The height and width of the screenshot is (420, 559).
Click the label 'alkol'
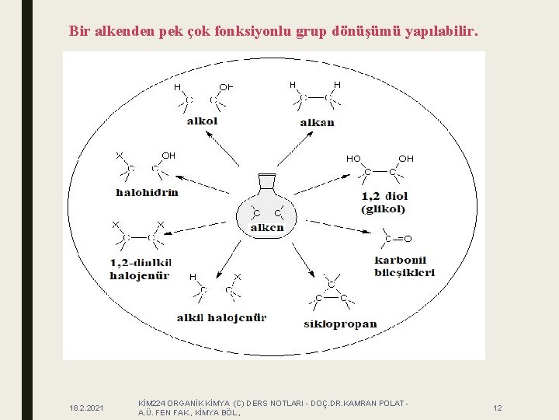coord(202,121)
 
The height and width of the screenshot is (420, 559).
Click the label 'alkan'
coord(317,121)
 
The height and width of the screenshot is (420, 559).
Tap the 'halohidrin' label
coord(147,192)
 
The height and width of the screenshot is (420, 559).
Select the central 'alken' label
coord(266,228)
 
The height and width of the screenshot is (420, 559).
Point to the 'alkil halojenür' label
coord(221,317)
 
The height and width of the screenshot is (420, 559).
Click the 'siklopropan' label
coord(339,324)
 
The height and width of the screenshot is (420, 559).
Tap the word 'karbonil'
coord(400,260)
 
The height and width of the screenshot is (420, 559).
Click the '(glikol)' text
coord(383,209)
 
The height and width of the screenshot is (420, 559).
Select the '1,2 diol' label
coord(384,196)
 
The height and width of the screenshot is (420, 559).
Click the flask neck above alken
coord(266,181)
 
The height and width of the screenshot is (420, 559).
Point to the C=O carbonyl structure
coord(397,238)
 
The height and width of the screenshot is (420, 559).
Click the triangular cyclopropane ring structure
coord(331,289)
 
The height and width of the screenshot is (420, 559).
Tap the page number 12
coord(498,408)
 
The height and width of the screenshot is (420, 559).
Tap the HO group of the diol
coord(353,159)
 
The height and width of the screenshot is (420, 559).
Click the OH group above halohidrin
coord(168,156)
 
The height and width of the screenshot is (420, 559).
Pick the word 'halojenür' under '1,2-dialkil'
coord(139,275)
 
